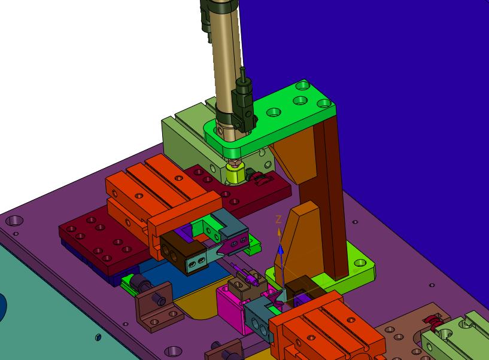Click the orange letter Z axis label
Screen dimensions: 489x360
[278, 219]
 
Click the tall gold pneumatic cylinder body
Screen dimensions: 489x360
[227, 62]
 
